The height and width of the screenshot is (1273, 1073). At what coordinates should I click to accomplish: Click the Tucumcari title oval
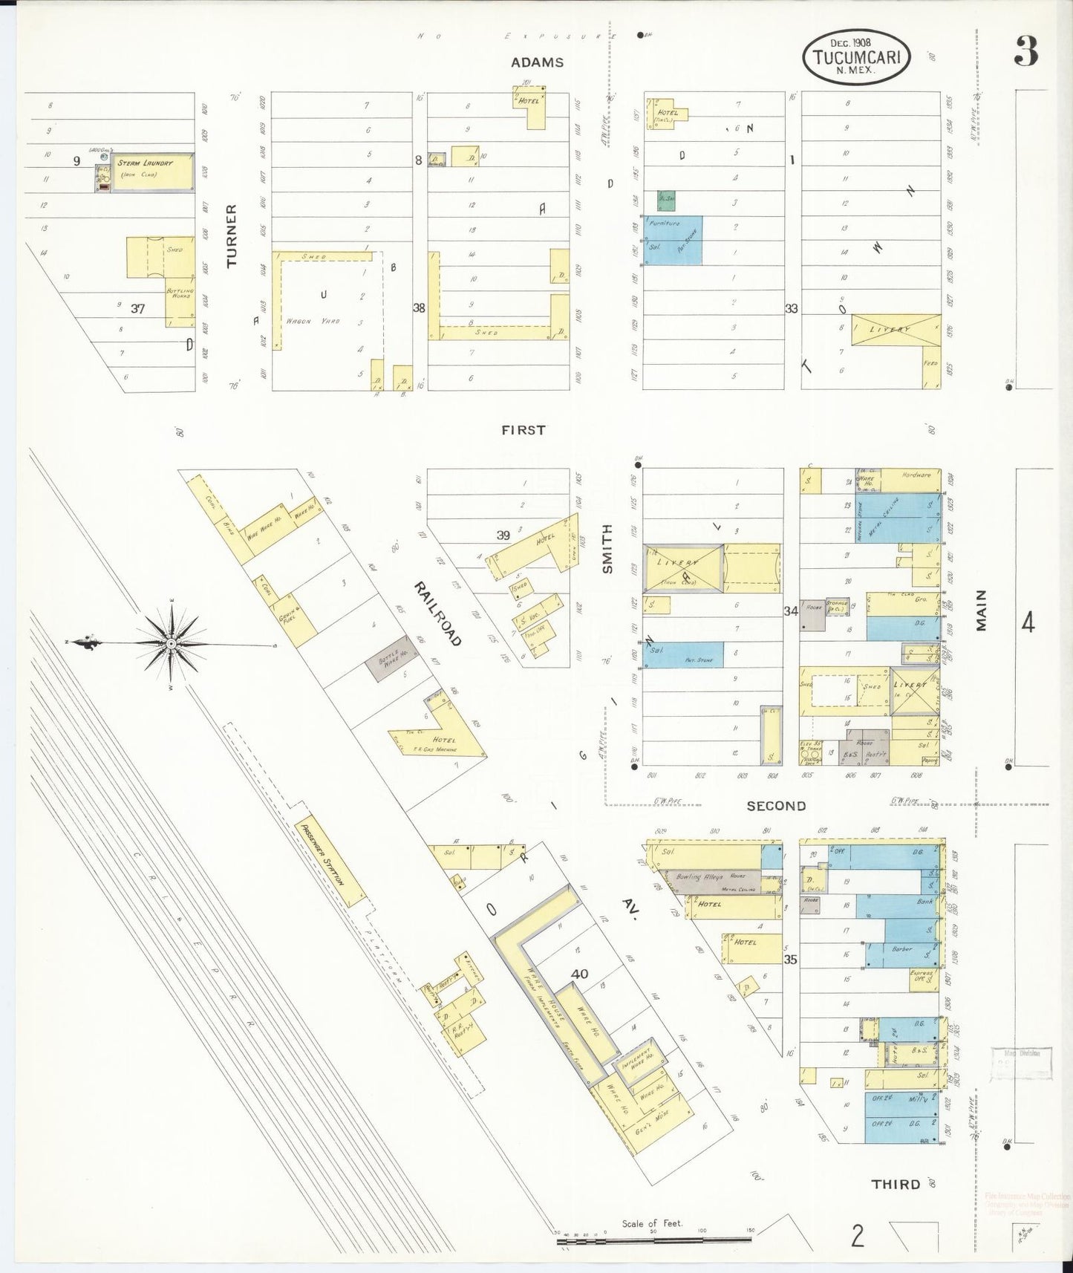click(855, 57)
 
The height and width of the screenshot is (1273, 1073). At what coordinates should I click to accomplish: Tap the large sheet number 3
click(1026, 51)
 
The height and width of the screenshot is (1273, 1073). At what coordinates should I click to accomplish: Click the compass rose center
click(171, 643)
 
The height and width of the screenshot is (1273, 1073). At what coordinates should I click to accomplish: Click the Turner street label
click(232, 235)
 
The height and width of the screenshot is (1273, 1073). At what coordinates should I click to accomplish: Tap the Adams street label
click(537, 62)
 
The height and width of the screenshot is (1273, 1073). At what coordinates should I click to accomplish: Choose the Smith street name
click(607, 548)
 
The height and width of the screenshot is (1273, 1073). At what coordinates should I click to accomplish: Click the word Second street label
click(776, 806)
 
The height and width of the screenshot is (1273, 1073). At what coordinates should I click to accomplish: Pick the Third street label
click(896, 1184)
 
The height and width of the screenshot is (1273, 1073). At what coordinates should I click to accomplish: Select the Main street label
click(982, 611)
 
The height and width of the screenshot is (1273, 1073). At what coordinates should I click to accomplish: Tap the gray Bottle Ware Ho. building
click(390, 658)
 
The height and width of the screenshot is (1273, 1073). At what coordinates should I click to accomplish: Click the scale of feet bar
click(653, 1240)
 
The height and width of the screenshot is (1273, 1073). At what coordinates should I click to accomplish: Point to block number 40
click(579, 974)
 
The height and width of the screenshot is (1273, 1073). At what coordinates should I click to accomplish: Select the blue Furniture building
click(674, 239)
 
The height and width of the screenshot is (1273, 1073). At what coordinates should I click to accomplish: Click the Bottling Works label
click(180, 292)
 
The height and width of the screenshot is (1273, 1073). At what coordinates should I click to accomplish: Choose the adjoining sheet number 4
click(1027, 622)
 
